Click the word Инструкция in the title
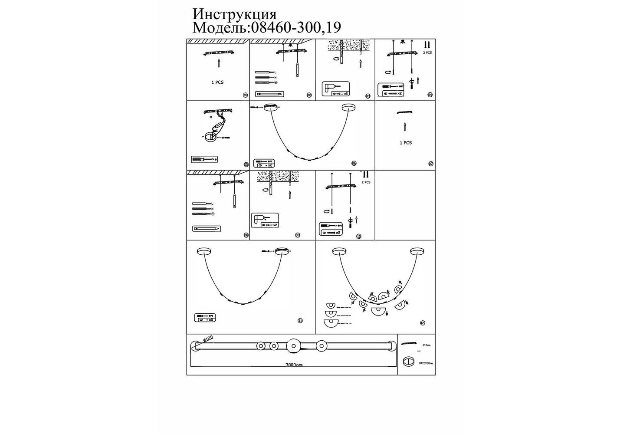click(234, 14)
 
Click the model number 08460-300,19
click(294, 28)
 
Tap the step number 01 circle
click(245, 95)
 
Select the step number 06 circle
click(354, 164)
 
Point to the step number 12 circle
click(422, 323)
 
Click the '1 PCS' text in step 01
click(217, 82)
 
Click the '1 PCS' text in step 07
click(406, 143)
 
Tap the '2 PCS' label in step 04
click(427, 53)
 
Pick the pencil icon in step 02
click(269, 93)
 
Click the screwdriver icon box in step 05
click(204, 160)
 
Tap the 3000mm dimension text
click(294, 365)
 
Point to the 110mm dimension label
click(426, 345)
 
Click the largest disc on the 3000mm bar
click(292, 346)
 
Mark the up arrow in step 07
click(405, 127)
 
